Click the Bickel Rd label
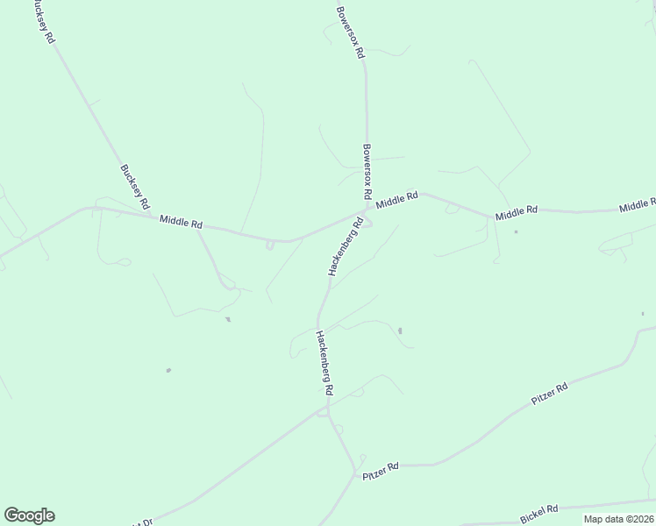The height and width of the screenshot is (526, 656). pos(539,512)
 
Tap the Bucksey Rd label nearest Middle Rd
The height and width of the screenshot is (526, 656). pos(134,188)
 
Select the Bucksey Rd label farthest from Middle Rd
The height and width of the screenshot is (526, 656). pos(42,22)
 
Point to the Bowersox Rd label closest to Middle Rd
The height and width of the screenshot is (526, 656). pos(367,171)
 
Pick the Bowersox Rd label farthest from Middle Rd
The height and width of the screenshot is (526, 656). pos(350,32)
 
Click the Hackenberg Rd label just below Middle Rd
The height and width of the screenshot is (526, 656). pos(346,248)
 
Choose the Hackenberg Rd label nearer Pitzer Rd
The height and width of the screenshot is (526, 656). pos(324,362)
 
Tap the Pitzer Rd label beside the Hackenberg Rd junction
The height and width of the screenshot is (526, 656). pos(381,470)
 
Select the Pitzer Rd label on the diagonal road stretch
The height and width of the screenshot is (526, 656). pos(550,393)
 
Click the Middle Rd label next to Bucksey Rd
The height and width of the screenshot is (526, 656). pos(182,224)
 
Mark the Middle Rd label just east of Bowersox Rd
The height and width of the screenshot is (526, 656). pos(396,201)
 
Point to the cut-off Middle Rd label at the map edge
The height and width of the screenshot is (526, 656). pos(638,206)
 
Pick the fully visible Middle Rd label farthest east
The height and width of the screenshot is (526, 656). pos(516,213)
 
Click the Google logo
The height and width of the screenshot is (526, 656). pos(29,515)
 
